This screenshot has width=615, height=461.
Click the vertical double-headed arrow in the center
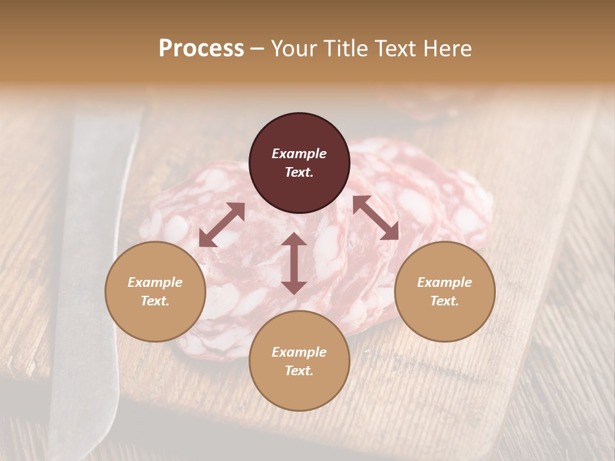294,263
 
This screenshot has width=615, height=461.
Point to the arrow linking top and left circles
222,225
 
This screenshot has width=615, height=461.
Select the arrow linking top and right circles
376,218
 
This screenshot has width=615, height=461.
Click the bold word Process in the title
201,48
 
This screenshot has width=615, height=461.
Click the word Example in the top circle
299,154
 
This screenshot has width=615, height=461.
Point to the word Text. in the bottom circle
299,371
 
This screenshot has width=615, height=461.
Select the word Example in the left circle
155,282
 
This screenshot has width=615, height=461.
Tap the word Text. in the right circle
445,301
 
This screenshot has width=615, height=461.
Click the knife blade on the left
90,256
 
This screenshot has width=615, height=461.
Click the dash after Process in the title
258,49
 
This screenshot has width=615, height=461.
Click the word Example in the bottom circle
299,352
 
